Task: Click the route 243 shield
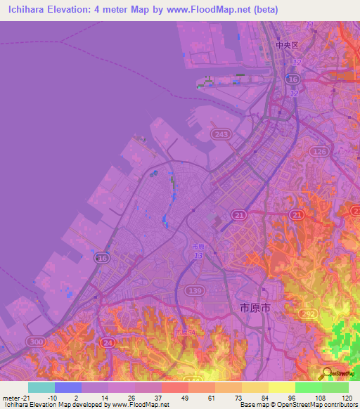coord(222,134)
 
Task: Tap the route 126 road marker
coord(320,152)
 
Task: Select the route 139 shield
coord(195,290)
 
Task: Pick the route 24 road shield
coord(108,342)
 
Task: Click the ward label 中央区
coord(287,45)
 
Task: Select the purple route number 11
coord(310,25)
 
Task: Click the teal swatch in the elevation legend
coord(41,387)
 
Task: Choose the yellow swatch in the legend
coord(281,387)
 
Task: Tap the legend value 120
coord(347,398)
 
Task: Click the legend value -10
coord(51,398)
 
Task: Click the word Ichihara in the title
coord(29,9)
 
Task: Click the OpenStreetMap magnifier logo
coord(326,373)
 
